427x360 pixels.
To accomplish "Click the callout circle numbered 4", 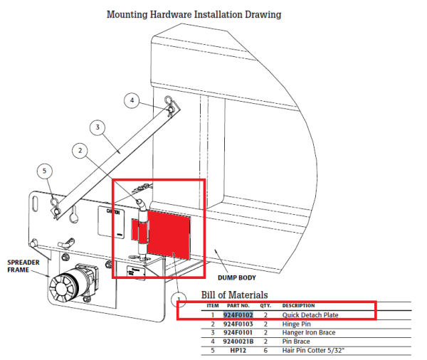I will pos(132,101).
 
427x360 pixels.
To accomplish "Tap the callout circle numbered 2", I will pos(80,150).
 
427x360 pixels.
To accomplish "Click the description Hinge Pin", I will pos(297,323).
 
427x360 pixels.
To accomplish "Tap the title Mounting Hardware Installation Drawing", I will pos(193,14).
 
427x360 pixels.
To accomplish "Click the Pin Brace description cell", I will pos(296,341).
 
